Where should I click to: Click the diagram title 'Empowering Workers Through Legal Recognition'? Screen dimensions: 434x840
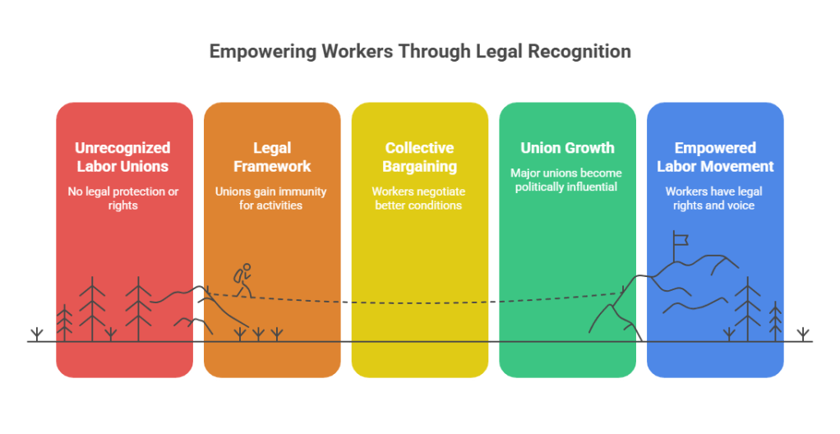coord(420,52)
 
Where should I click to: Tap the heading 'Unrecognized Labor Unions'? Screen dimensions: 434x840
coord(122,157)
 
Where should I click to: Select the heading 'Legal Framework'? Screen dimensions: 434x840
coord(271,157)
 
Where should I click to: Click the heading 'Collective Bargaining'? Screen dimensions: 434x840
coord(420,157)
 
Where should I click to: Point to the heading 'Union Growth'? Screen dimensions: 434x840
coord(567,149)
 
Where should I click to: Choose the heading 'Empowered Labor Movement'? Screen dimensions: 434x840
coord(714,157)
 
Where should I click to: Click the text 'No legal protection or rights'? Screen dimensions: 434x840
coord(122,198)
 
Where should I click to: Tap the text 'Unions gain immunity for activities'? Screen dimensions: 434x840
coord(271,198)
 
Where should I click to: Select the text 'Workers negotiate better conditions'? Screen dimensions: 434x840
coord(420,198)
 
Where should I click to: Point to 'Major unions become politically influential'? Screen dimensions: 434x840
coord(567,180)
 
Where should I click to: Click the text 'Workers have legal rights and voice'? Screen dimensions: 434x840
coord(714,198)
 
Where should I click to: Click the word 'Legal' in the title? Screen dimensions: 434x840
coord(498,52)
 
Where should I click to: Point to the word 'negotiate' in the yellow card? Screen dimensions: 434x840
coord(438,192)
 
